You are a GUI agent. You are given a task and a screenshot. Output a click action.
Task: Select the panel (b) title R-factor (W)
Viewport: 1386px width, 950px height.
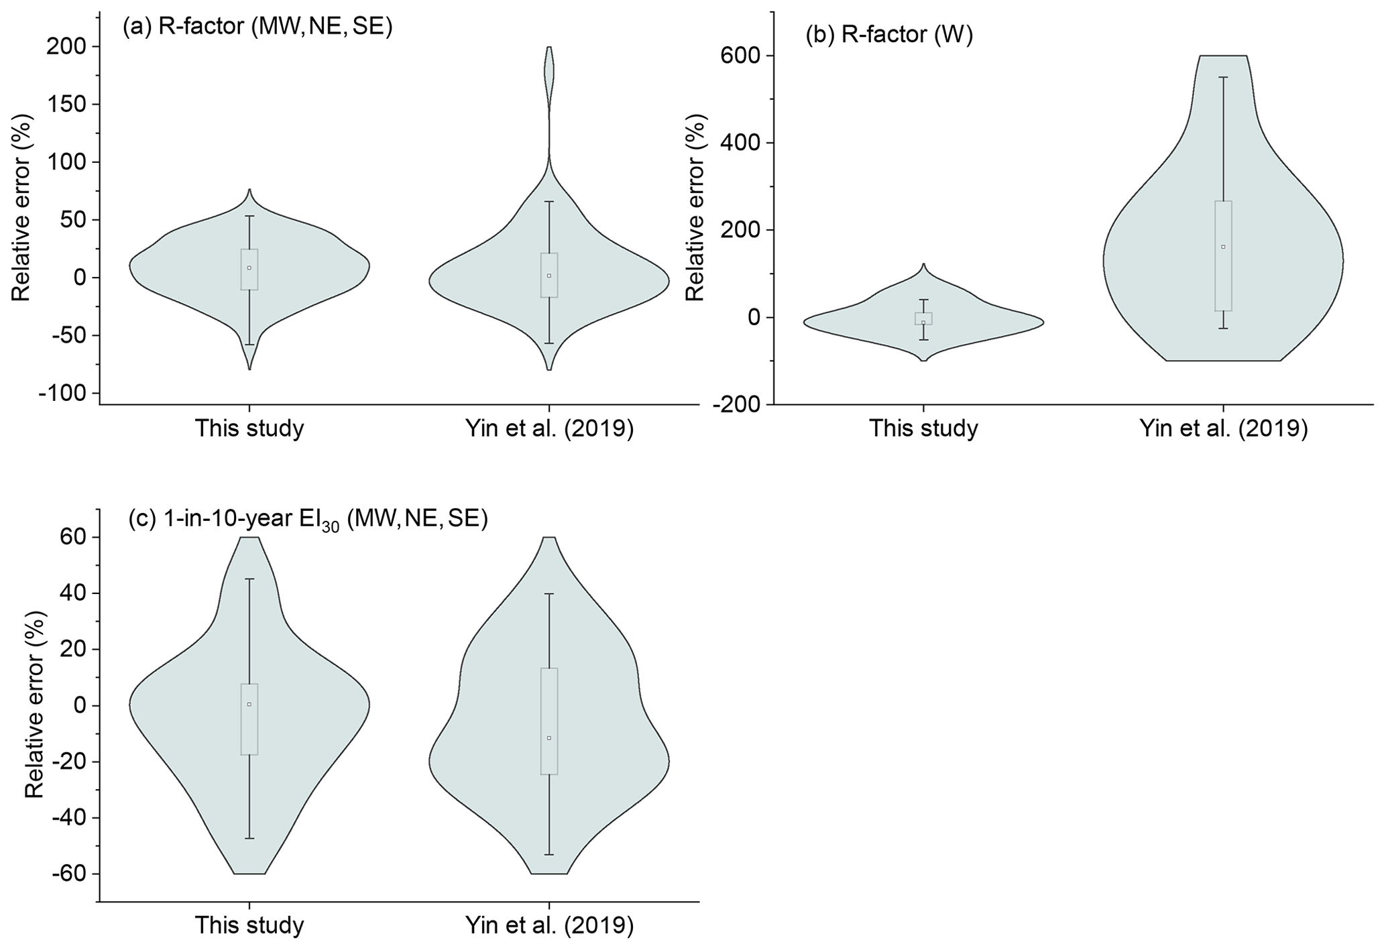[889, 34]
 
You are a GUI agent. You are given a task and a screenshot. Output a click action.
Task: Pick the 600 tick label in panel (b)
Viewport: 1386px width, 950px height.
[740, 56]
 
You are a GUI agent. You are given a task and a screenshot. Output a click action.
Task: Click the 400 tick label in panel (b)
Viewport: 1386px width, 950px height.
[740, 143]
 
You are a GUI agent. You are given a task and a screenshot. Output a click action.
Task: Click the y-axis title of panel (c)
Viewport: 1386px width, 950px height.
[34, 705]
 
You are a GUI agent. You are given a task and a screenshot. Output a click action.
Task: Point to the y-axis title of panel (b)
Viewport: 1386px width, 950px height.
[695, 208]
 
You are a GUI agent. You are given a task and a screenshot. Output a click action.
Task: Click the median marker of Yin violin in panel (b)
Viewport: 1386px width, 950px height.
[1223, 247]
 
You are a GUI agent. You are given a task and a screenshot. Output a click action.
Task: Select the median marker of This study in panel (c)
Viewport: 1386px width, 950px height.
[249, 704]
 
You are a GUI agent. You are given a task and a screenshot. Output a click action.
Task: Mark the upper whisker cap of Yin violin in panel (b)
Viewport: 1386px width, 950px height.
[1223, 78]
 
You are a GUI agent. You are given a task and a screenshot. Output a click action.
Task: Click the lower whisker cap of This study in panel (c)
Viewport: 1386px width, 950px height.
[249, 839]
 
